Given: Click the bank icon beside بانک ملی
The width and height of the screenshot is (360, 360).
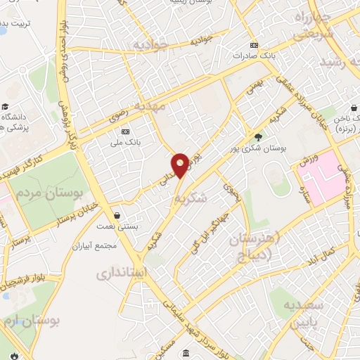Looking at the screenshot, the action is tap(126, 131).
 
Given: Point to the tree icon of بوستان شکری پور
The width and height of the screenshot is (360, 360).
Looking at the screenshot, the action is tap(258, 137).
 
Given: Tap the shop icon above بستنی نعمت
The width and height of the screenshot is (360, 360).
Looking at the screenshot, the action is tap(116, 214).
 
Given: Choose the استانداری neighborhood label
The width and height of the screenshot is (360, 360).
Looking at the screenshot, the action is tap(121, 271).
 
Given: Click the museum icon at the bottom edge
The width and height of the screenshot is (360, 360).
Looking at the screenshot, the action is tap(185, 353).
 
